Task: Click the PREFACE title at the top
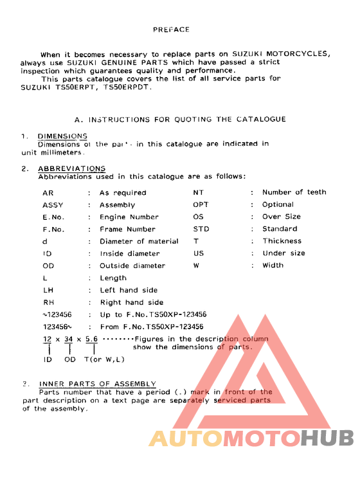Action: [x=171, y=30]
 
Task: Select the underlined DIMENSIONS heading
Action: [x=62, y=136]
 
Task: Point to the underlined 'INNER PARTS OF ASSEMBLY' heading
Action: [x=97, y=384]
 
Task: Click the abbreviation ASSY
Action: [x=52, y=205]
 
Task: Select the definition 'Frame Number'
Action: [x=127, y=229]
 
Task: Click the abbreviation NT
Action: [x=199, y=192]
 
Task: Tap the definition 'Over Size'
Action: [x=281, y=217]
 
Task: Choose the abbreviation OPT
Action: [x=201, y=204]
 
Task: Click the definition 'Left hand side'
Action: [x=129, y=290]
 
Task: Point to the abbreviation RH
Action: [x=49, y=302]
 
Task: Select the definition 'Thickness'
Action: [x=282, y=241]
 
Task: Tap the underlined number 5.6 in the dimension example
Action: [x=91, y=339]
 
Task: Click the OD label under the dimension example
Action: [x=69, y=359]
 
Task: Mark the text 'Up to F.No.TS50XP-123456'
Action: [x=153, y=314]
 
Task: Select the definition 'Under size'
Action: [x=283, y=253]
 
